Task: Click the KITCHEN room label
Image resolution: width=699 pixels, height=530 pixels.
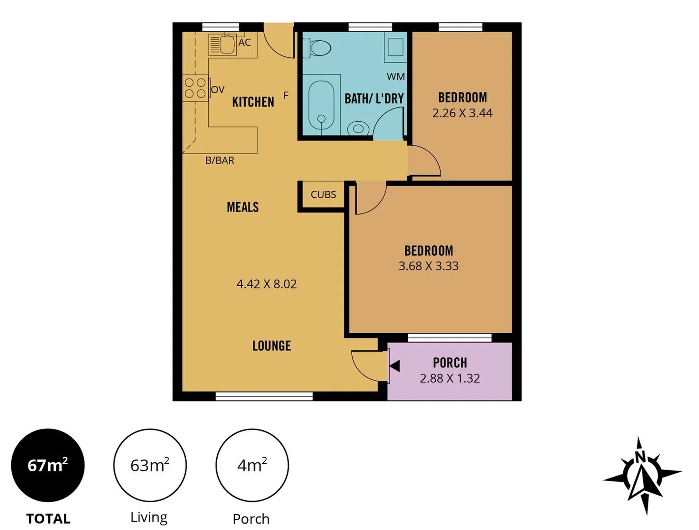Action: pyautogui.click(x=253, y=102)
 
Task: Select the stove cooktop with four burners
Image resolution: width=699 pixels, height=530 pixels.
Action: pyautogui.click(x=195, y=88)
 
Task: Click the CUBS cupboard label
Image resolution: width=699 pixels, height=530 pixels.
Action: pyautogui.click(x=323, y=195)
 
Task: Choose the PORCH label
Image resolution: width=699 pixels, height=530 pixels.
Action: pyautogui.click(x=450, y=363)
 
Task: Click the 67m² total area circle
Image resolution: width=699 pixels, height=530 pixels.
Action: pyautogui.click(x=48, y=465)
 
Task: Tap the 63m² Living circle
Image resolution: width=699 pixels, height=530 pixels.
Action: pyautogui.click(x=150, y=465)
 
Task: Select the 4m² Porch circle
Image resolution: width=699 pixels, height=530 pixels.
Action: pyautogui.click(x=252, y=465)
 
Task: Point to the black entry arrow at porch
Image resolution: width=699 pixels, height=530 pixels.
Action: pyautogui.click(x=394, y=366)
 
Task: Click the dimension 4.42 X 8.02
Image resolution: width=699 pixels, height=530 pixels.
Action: pyautogui.click(x=267, y=284)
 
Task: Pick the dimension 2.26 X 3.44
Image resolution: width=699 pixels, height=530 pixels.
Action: pyautogui.click(x=462, y=113)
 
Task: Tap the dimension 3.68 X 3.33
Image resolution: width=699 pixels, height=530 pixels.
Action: pyautogui.click(x=428, y=266)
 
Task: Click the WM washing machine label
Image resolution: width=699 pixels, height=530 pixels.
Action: pyautogui.click(x=396, y=77)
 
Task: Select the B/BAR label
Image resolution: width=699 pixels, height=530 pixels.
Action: pyautogui.click(x=220, y=160)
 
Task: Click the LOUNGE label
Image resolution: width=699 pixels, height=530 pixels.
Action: pyautogui.click(x=272, y=346)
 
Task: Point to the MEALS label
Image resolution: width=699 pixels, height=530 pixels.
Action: pyautogui.click(x=243, y=207)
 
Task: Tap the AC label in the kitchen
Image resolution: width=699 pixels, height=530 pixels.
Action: pyautogui.click(x=245, y=43)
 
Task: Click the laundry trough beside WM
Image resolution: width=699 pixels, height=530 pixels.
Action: pyautogui.click(x=396, y=48)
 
